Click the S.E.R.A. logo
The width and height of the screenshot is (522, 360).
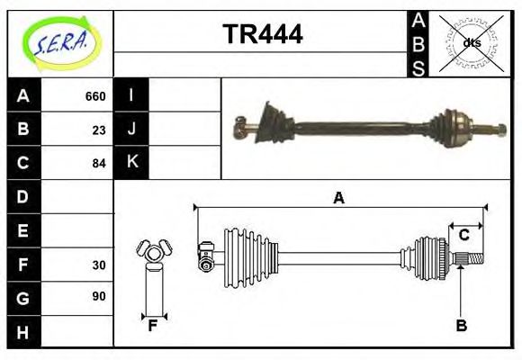point(60,42)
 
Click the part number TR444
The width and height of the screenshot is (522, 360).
point(262,35)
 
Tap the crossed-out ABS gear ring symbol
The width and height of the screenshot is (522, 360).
point(471,42)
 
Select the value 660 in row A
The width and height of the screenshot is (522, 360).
point(94,96)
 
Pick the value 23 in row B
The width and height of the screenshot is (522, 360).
point(98,130)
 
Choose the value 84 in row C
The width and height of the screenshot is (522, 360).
point(98,163)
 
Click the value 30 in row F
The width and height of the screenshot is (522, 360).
point(98,265)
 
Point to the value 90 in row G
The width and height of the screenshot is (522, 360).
point(98,296)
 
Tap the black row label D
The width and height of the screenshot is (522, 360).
point(23,196)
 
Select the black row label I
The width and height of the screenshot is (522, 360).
point(131,95)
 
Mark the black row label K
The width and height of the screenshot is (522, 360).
point(131,162)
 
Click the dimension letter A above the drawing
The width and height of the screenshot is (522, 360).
point(339,198)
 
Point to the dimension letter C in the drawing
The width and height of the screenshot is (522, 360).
point(463,235)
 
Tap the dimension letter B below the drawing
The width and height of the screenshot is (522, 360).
point(461,326)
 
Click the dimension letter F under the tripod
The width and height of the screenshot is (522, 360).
point(153,326)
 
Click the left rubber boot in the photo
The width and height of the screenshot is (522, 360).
point(268,123)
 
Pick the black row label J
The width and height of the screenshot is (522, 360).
point(131,129)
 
